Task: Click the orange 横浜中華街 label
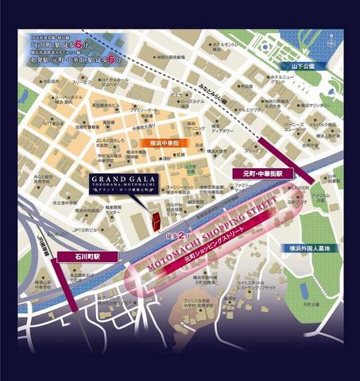(169, 143)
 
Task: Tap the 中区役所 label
(52, 81)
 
